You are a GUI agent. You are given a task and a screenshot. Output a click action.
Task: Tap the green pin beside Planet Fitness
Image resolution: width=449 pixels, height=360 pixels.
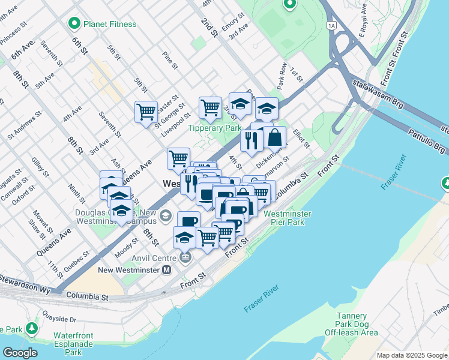75,24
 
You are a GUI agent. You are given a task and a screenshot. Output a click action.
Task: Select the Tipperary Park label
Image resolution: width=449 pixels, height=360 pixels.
214,128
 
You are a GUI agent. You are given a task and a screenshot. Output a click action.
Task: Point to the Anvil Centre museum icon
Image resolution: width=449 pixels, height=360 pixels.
185,258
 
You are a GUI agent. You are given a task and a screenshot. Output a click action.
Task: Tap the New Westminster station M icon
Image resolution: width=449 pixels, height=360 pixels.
167,270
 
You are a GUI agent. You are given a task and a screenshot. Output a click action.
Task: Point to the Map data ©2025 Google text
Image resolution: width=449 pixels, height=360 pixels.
412,355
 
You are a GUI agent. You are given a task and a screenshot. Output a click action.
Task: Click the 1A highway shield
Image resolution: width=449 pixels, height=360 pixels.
331,25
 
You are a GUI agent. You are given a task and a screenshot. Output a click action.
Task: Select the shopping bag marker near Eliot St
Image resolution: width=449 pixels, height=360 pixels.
274,137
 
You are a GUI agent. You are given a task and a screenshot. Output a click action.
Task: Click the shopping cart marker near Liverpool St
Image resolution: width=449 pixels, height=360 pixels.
146,112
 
